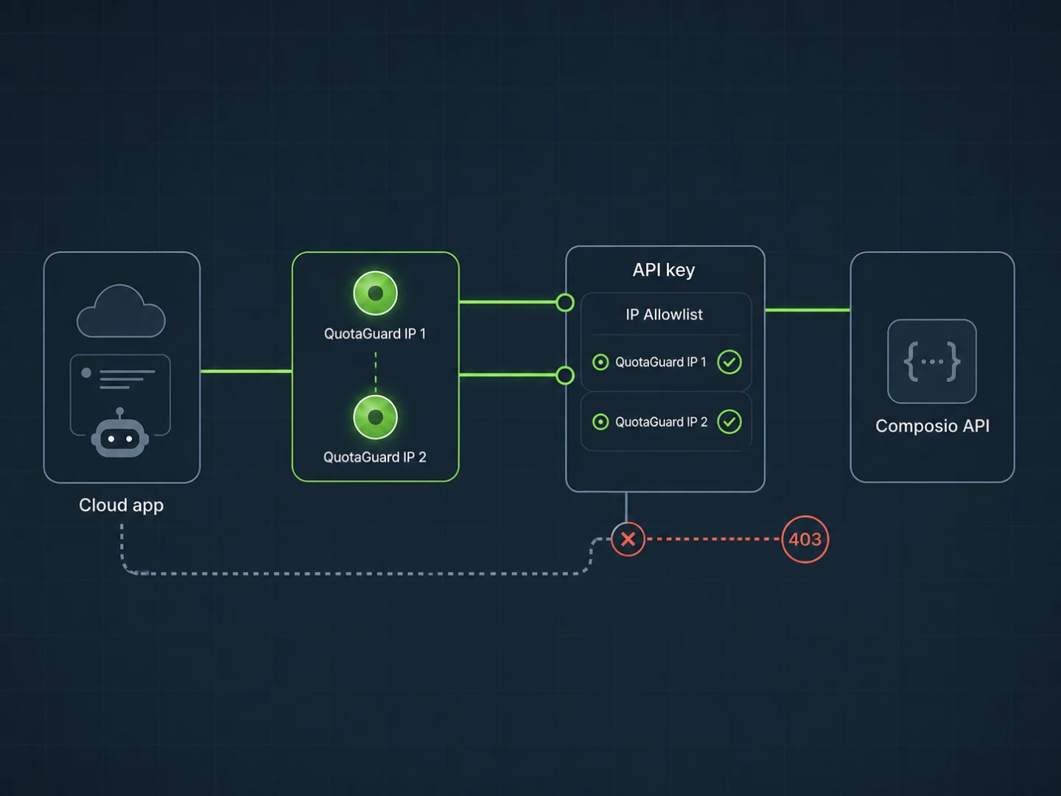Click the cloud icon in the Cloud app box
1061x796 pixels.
point(121,311)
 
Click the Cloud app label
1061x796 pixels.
point(122,506)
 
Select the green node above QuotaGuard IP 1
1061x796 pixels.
point(376,293)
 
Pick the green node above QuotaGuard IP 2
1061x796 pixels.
point(376,417)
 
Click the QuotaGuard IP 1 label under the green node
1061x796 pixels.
point(375,333)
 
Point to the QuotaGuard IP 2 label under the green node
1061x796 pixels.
point(375,457)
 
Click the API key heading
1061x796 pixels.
point(664,270)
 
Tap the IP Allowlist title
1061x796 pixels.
point(664,315)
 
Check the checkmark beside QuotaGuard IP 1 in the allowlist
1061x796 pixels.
point(729,362)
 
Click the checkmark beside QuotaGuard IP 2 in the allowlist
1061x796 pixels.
point(729,422)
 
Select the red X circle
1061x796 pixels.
point(628,539)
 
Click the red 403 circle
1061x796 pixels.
point(805,540)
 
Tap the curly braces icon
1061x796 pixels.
point(932,361)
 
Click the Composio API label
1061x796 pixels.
point(932,426)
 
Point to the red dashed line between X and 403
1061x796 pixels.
point(713,539)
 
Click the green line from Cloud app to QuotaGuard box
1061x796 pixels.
point(247,371)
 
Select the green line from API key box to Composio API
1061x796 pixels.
point(808,310)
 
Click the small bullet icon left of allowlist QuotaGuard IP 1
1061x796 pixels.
point(600,362)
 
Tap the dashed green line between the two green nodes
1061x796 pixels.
point(376,372)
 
